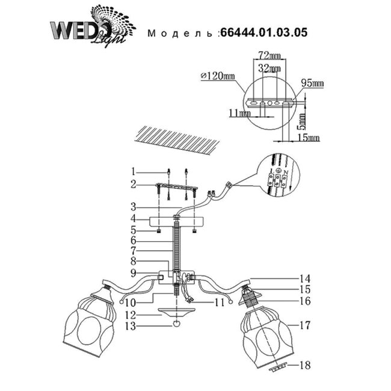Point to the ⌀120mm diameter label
218,76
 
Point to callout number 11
220,302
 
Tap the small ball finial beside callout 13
176,325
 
